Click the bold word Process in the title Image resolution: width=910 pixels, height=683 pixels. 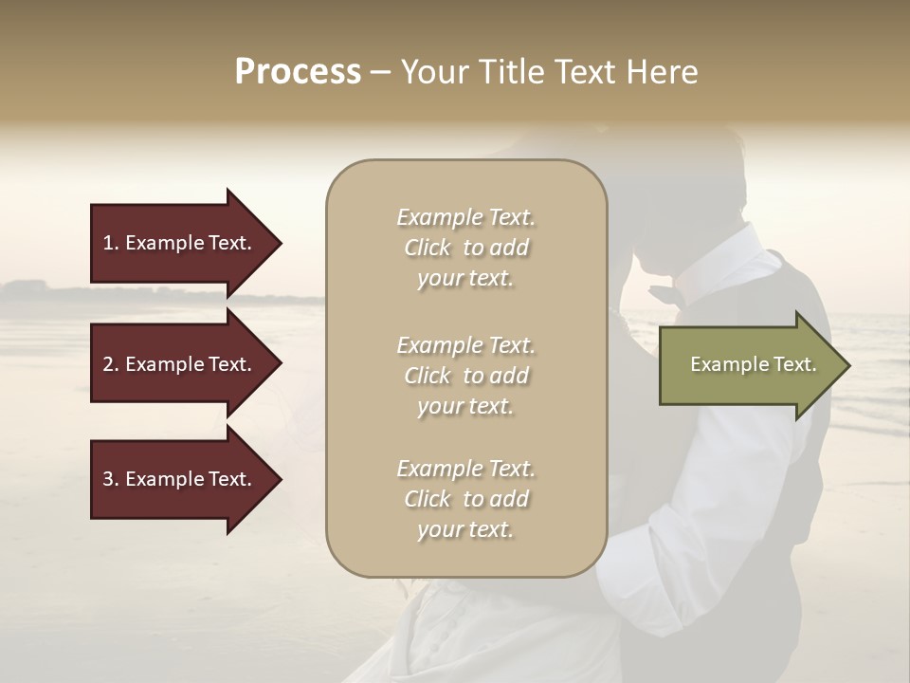point(298,72)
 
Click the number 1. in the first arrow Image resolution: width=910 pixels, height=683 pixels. point(111,243)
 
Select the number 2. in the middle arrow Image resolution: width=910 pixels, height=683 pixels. point(111,364)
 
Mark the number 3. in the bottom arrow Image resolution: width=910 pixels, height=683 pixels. point(111,479)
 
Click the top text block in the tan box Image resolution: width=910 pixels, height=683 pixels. point(465,248)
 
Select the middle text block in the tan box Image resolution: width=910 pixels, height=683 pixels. point(465,376)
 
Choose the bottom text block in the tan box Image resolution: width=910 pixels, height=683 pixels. point(465,499)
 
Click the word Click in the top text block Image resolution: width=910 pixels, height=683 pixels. point(428,248)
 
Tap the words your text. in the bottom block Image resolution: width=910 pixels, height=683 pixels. point(465,530)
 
